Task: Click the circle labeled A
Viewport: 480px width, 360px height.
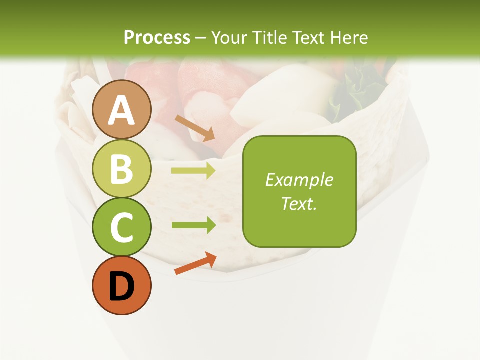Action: pos(122,109)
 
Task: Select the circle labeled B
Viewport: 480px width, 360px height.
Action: pos(122,168)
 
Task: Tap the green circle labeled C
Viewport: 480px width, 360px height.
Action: pos(122,227)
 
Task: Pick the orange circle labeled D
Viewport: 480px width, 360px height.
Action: pos(122,286)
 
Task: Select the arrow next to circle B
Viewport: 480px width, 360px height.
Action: pos(193,171)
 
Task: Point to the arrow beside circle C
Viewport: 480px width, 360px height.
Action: pos(193,225)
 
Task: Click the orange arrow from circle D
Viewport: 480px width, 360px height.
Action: pos(195,263)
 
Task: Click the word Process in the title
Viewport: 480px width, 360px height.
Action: pos(157,37)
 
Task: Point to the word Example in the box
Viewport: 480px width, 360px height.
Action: pos(299,180)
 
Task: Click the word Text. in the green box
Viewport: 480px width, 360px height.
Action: pos(299,203)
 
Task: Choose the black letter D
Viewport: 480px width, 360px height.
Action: pos(122,286)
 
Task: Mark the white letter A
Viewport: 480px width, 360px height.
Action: pos(122,110)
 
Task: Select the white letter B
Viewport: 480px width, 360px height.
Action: pos(122,169)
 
